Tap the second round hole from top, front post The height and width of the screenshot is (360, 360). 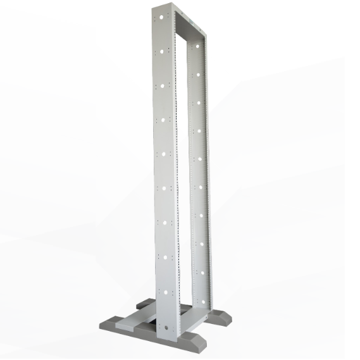point(163,49)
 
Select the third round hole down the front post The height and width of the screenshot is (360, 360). point(163,84)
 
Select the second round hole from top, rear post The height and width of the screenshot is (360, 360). point(198,74)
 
